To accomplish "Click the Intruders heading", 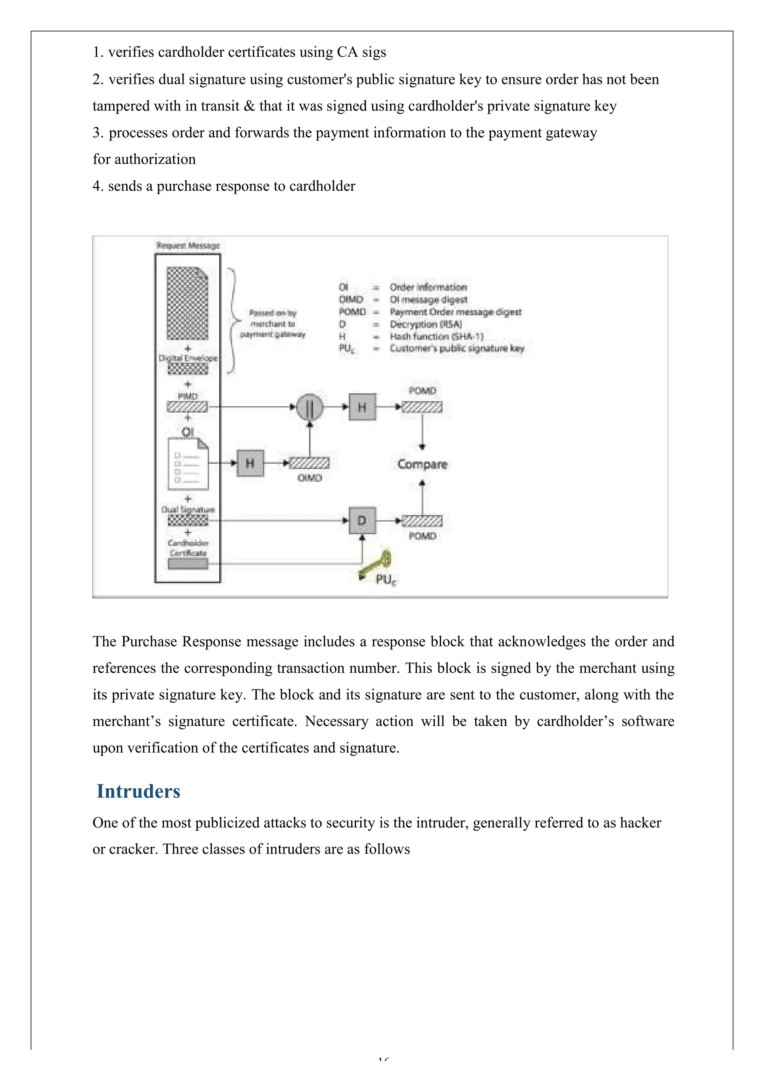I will click(x=138, y=791).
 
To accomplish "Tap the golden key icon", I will click(x=376, y=565).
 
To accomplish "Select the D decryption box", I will click(x=362, y=520).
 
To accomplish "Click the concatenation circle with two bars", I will click(x=310, y=407).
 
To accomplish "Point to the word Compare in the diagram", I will click(x=422, y=464).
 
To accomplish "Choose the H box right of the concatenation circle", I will click(x=362, y=407).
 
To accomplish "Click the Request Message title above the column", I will click(x=188, y=246).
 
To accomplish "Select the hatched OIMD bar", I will click(x=309, y=463).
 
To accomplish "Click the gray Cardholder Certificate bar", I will click(x=188, y=564).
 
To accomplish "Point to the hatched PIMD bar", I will click(x=187, y=407).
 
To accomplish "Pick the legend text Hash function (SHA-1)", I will click(x=436, y=336).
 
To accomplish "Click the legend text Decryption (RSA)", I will click(x=426, y=324).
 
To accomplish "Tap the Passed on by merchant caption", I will click(x=272, y=323).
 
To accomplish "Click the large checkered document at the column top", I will click(x=187, y=303).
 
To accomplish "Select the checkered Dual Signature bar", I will click(x=188, y=520).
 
